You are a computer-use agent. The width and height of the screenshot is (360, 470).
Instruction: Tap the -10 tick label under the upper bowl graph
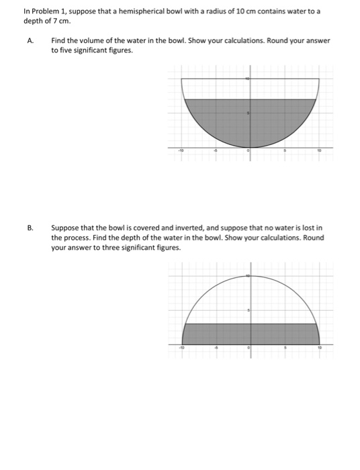click(x=180, y=152)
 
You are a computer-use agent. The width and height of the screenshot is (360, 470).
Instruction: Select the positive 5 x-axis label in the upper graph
click(x=285, y=152)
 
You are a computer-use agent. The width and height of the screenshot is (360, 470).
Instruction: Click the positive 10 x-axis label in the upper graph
click(x=320, y=152)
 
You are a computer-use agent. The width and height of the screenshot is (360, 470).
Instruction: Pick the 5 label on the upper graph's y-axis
click(x=249, y=113)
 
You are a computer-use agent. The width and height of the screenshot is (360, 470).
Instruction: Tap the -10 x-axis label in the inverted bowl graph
click(x=180, y=348)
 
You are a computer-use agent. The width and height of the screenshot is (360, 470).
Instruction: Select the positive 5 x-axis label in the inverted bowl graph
click(x=285, y=348)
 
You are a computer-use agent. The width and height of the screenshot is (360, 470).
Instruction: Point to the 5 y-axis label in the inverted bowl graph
click(x=249, y=311)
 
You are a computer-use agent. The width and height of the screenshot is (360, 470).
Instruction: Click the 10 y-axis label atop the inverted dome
click(x=248, y=276)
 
